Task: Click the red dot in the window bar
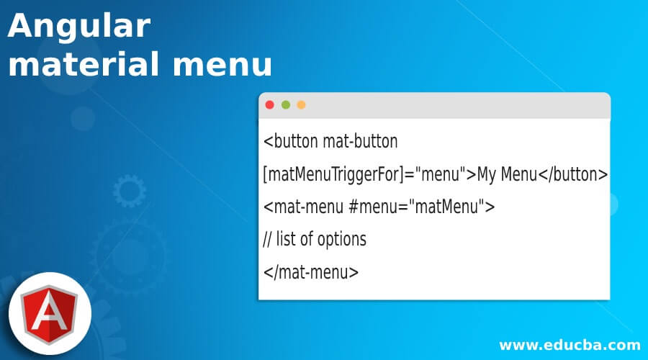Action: click(x=270, y=105)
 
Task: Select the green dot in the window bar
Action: click(x=286, y=105)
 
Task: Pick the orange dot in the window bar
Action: click(x=302, y=105)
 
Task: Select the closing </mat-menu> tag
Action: click(x=311, y=272)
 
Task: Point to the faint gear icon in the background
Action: click(x=130, y=192)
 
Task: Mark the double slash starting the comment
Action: click(x=269, y=240)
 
